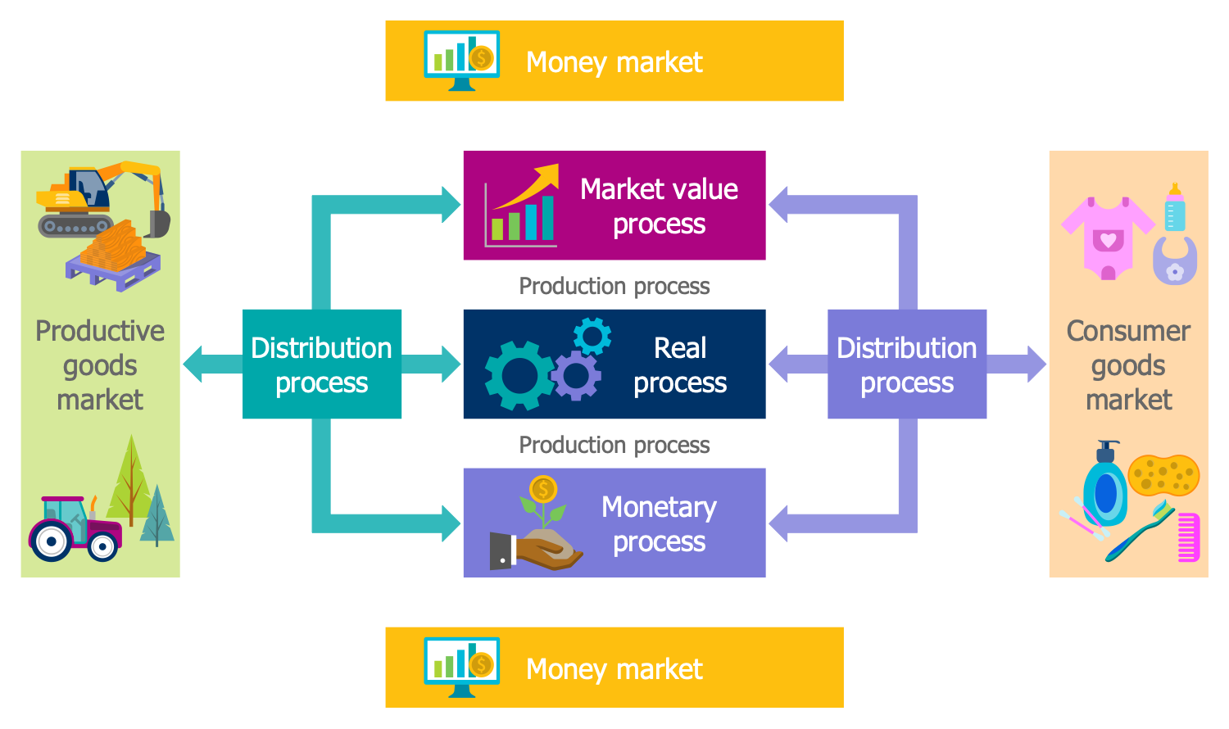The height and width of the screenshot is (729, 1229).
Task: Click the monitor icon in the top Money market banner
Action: pyautogui.click(x=461, y=60)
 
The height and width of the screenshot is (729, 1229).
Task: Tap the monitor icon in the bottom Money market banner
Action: pyautogui.click(x=461, y=666)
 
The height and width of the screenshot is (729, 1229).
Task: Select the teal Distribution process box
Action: pyautogui.click(x=321, y=364)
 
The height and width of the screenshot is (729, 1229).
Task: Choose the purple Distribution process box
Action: pyautogui.click(x=906, y=364)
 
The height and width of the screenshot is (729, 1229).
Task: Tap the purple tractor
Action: pyautogui.click(x=75, y=528)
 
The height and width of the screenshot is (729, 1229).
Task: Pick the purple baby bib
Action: pyautogui.click(x=1175, y=261)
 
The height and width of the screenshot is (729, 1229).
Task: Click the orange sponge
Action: pyautogui.click(x=1163, y=475)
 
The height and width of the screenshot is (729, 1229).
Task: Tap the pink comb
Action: pyautogui.click(x=1188, y=537)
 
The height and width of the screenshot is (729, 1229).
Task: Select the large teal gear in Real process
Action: pyautogui.click(x=518, y=375)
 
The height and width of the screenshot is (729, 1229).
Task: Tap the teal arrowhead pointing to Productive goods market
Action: pyautogui.click(x=193, y=364)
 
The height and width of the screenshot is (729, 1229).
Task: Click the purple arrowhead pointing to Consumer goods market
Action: pyautogui.click(x=1036, y=364)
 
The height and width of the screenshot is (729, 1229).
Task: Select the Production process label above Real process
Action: pyautogui.click(x=614, y=286)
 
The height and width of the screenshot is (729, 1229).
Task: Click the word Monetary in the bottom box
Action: pyautogui.click(x=659, y=507)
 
